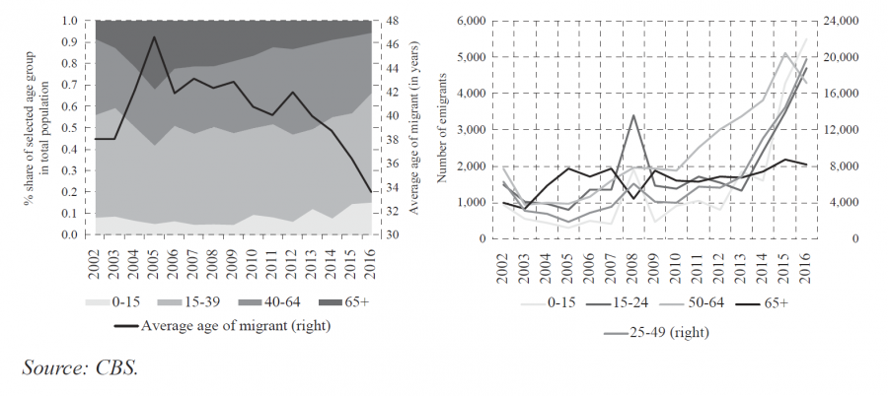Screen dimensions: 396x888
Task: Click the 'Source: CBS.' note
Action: [x=80, y=367]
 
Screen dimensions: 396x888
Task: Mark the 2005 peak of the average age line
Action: [x=153, y=37]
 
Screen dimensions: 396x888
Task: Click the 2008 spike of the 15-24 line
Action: [x=632, y=115]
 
